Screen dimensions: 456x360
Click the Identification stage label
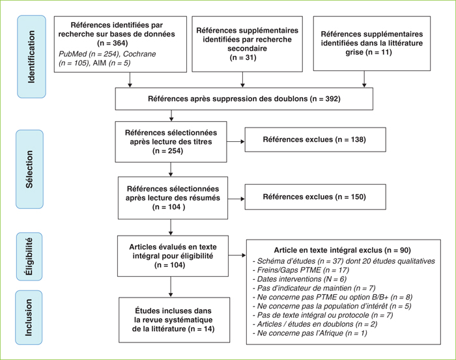point(31,57)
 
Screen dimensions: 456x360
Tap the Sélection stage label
point(30,169)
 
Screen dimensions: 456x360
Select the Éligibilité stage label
point(29,256)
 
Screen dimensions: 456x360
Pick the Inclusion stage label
point(29,318)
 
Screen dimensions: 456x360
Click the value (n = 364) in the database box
point(113,43)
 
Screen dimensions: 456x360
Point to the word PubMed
point(73,54)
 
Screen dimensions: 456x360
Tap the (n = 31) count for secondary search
point(243,57)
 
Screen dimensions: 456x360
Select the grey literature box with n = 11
point(372,44)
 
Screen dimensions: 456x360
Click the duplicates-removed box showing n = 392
point(244,99)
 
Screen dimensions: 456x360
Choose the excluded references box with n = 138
point(315,139)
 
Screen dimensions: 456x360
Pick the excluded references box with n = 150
point(315,197)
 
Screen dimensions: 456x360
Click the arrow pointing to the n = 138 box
point(236,141)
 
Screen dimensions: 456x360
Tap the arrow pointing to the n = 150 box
point(236,199)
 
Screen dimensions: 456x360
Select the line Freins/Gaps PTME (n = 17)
point(301,270)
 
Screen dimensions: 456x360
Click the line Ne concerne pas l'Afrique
point(309,333)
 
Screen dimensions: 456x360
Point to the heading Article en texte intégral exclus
point(328,250)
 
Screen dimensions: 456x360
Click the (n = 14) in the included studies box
point(201,329)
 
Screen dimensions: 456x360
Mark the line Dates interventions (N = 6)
point(300,279)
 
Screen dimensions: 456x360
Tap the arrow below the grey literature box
point(364,79)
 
